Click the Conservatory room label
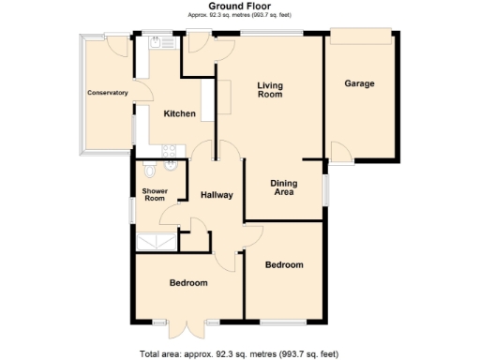point(107,93)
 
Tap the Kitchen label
point(179,114)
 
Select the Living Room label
point(270,90)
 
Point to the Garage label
point(359,83)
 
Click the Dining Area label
point(283,187)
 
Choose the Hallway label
point(217,195)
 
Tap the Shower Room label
point(154,195)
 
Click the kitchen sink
point(156,42)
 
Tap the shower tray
point(157,242)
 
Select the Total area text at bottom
point(238,353)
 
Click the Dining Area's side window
point(325,188)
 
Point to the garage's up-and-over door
point(360,34)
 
